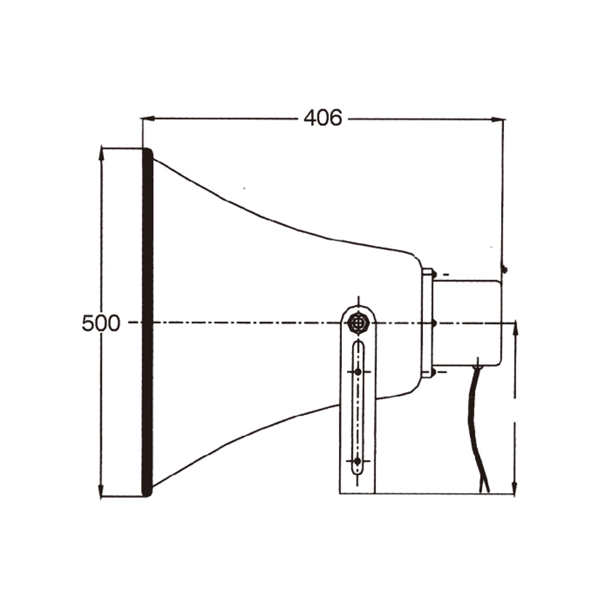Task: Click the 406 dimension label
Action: pyautogui.click(x=323, y=118)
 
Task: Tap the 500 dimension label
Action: pyautogui.click(x=101, y=324)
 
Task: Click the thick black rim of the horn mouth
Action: pyautogui.click(x=147, y=323)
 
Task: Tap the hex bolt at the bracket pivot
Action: pyautogui.click(x=359, y=324)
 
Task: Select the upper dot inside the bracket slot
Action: pyautogui.click(x=358, y=372)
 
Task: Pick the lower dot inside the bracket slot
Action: pyautogui.click(x=358, y=461)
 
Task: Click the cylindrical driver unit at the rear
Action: pyautogui.click(x=467, y=323)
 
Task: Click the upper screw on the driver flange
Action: pyautogui.click(x=433, y=274)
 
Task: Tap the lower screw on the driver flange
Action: pyautogui.click(x=433, y=373)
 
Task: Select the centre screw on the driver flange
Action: pyautogui.click(x=433, y=324)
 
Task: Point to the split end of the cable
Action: pyautogui.click(x=484, y=486)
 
